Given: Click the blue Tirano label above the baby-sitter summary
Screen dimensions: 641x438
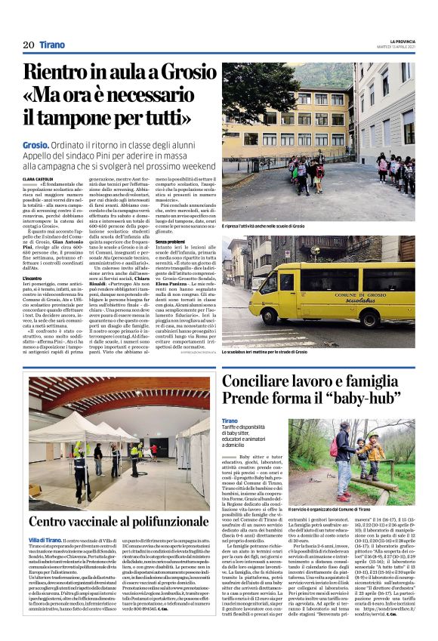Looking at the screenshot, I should tap(230, 421).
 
